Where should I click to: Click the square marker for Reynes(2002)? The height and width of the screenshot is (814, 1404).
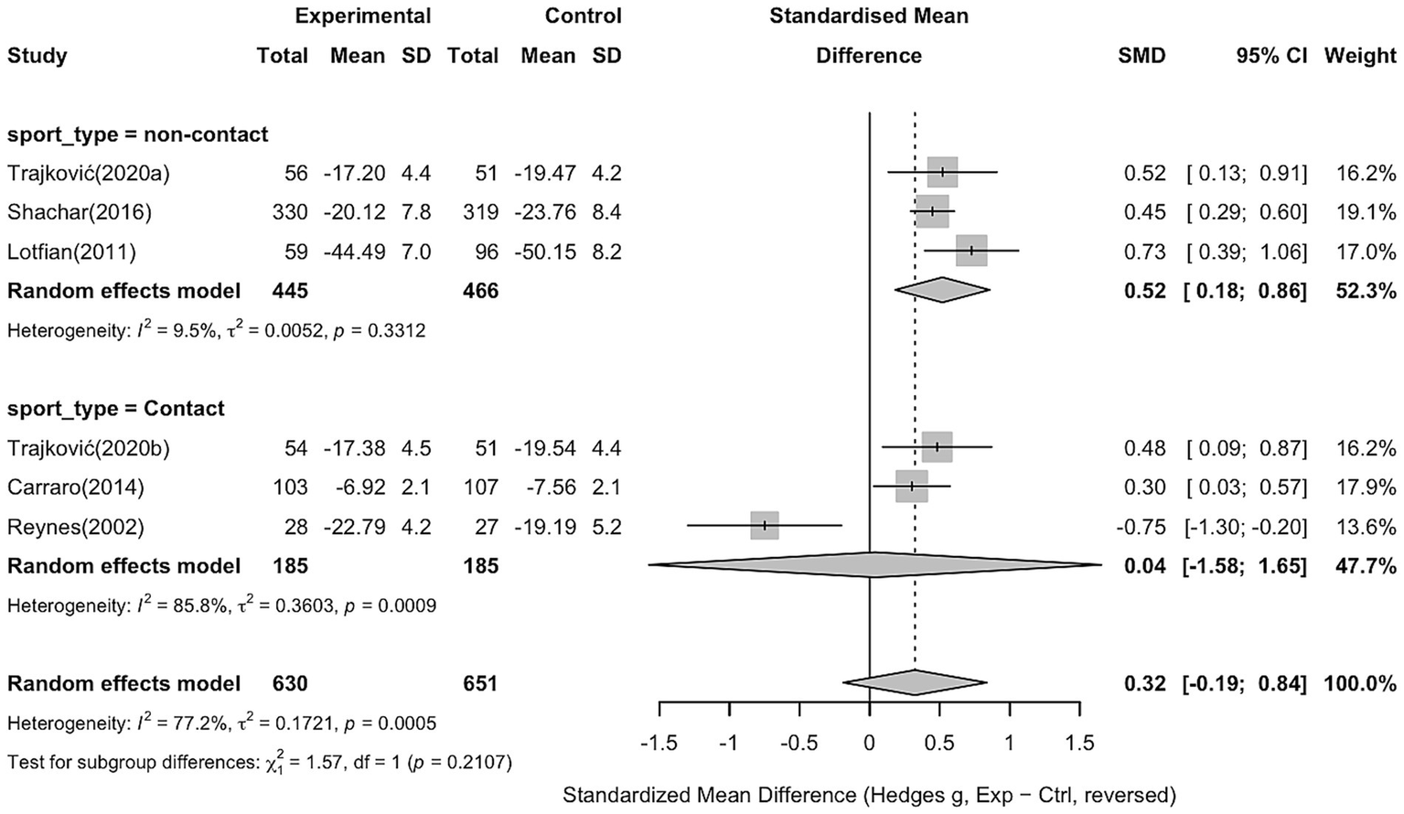(765, 526)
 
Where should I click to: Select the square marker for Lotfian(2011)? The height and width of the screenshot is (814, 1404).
(971, 251)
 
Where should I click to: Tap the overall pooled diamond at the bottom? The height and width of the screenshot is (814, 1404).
(915, 682)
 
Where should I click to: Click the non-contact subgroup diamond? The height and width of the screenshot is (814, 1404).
(942, 290)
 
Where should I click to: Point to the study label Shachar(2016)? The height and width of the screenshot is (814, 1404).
(80, 212)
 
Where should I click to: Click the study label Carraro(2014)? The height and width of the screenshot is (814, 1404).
(76, 487)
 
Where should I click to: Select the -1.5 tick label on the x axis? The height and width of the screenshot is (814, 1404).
(659, 743)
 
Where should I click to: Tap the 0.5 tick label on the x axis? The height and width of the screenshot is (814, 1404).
(939, 743)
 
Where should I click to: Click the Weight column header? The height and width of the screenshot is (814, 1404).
(1360, 56)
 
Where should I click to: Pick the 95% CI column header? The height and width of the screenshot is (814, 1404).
(1271, 56)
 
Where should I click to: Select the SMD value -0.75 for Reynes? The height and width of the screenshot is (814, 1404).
(1142, 527)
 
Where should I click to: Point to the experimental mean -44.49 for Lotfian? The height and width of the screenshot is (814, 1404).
(357, 252)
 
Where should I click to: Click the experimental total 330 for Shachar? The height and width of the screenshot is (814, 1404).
(290, 212)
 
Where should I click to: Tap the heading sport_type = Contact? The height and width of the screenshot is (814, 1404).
(116, 408)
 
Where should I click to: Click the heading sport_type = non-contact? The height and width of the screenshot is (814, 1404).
(138, 134)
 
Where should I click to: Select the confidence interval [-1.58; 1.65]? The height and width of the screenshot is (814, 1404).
(1245, 566)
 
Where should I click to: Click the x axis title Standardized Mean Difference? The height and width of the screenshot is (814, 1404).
(869, 795)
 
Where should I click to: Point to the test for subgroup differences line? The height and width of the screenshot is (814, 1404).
(260, 762)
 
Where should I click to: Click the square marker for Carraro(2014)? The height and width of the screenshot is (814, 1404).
(912, 487)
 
